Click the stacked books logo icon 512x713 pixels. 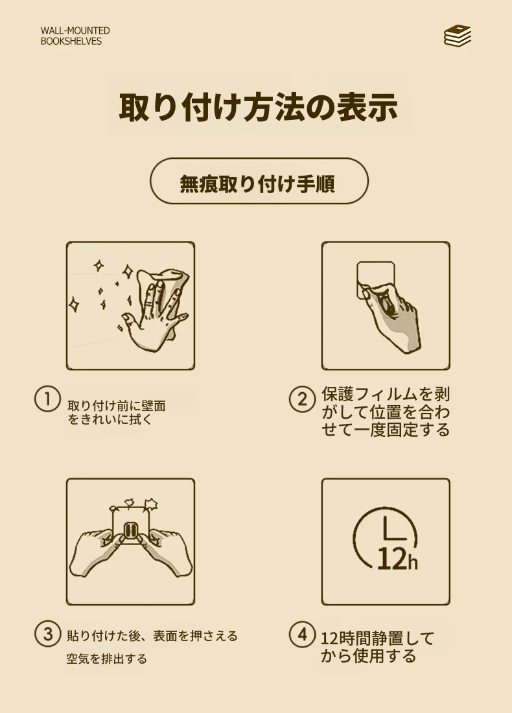pos(458,36)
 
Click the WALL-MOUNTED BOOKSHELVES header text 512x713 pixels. pos(75,36)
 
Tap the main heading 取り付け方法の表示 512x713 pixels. pos(259,108)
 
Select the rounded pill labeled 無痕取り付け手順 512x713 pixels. pos(259,181)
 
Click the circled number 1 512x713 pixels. pos(47,399)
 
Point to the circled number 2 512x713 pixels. pos(302,399)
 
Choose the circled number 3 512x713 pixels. pos(47,634)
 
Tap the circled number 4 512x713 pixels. pos(302,634)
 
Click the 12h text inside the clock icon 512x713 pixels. pos(397,558)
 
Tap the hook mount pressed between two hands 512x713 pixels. pos(130,531)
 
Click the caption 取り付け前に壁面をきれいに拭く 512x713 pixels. pos(117,412)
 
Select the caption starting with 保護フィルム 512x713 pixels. pos(386,412)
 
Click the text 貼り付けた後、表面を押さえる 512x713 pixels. pos(152,636)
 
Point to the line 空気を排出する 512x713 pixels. pos(107,659)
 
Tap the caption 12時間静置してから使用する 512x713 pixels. pos(377,647)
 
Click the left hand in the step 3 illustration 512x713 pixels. pos(95,552)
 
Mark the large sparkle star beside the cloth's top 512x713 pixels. pos(128,272)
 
